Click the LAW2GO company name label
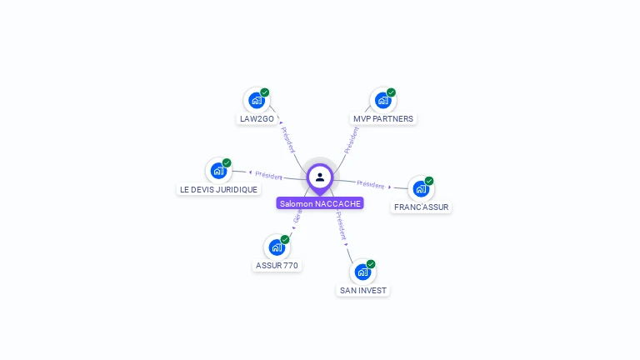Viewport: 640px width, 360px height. (x=256, y=118)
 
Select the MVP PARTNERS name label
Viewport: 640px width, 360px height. (x=382, y=118)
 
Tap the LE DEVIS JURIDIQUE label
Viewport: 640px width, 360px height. (x=218, y=189)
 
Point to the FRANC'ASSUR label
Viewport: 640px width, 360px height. (x=421, y=207)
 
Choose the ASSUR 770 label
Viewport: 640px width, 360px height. (x=277, y=266)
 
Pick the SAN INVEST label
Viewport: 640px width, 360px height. (x=362, y=290)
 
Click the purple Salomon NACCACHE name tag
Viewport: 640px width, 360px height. (x=320, y=203)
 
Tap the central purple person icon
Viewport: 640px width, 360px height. (x=320, y=177)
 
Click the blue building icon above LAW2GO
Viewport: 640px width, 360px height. (x=257, y=100)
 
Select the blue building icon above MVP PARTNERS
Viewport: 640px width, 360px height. (x=382, y=100)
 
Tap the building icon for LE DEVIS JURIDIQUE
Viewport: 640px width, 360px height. (x=218, y=171)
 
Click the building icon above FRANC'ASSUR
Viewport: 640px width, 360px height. (x=421, y=188)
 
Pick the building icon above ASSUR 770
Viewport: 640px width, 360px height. (x=277, y=247)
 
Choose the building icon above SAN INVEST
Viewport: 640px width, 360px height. (x=362, y=272)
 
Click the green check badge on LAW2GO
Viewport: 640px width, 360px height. (x=265, y=92)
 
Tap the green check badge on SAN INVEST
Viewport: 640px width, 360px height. (x=371, y=264)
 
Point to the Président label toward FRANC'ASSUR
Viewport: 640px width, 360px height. (x=370, y=184)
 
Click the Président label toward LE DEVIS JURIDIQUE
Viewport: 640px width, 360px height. (x=268, y=175)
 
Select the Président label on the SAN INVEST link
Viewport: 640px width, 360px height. (x=341, y=225)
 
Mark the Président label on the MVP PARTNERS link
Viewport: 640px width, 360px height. (x=352, y=140)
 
